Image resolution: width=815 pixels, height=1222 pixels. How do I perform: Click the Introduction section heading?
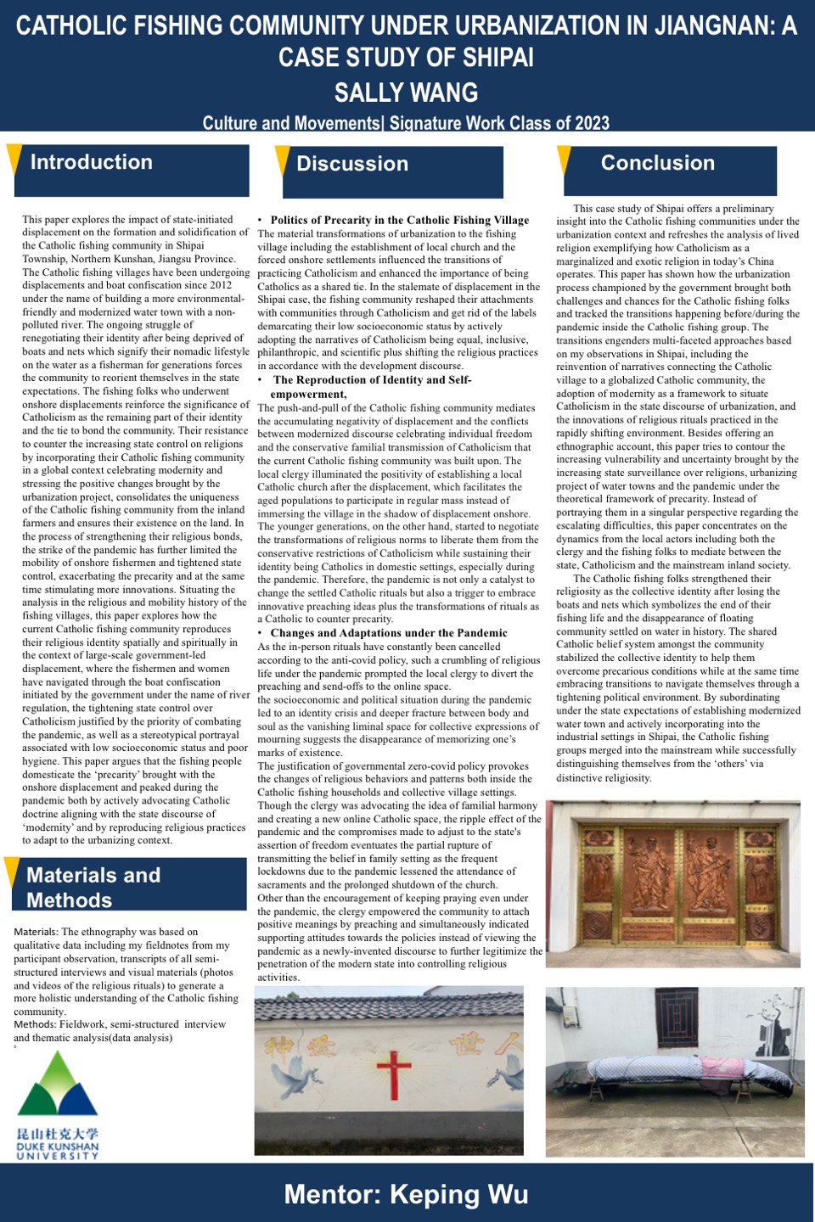click(x=92, y=163)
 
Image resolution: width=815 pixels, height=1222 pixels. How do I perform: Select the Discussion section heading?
click(x=352, y=165)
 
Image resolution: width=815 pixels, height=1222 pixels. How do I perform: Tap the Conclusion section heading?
click(x=658, y=164)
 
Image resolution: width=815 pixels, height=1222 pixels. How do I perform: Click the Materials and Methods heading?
click(x=93, y=887)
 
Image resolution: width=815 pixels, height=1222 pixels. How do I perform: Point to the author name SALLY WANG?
click(x=406, y=92)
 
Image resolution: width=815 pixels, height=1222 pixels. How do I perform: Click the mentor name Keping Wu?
click(x=459, y=1195)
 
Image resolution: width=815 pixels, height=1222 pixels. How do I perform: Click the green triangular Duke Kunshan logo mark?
click(x=58, y=1085)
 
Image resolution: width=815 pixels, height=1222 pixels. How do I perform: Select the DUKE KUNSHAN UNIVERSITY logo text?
click(x=58, y=1150)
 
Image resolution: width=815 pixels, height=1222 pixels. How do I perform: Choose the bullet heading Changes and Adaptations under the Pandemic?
click(x=389, y=633)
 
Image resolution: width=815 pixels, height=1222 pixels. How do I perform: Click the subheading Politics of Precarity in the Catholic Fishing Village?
click(x=399, y=220)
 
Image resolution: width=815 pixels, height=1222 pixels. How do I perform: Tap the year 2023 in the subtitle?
click(x=592, y=124)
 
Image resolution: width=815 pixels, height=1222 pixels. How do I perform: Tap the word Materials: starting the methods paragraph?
click(x=36, y=932)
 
